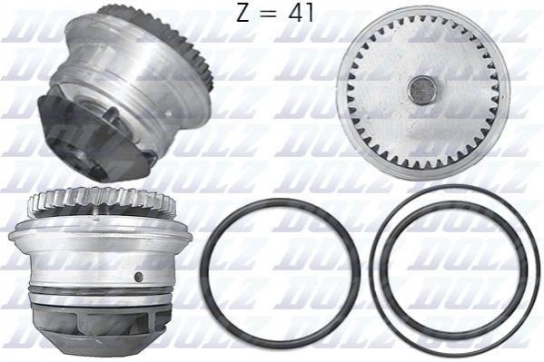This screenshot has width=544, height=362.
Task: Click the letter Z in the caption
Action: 243,13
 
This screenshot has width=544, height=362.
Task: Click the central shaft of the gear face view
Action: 422,90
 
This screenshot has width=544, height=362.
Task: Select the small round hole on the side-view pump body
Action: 139,277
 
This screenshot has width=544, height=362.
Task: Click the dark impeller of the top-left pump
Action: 88,136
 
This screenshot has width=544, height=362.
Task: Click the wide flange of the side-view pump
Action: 100,236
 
